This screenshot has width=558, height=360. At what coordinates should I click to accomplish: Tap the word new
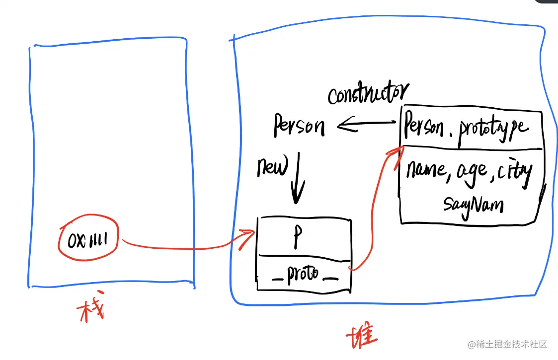click(x=272, y=169)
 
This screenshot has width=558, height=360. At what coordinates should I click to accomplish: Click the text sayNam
click(x=473, y=204)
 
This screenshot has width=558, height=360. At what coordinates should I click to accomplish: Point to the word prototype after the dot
click(x=493, y=129)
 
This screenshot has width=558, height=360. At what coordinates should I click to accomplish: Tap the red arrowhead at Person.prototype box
click(x=396, y=151)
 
